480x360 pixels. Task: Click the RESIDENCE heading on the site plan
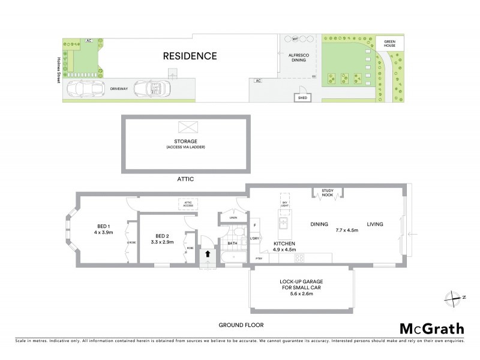(x=190, y=56)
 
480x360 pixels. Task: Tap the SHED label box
(x=302, y=97)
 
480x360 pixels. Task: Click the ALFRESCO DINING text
(x=298, y=57)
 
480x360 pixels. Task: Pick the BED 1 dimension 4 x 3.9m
(x=103, y=232)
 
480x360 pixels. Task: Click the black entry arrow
(x=208, y=254)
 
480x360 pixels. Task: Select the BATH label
(x=232, y=243)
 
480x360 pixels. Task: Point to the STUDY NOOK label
(x=327, y=192)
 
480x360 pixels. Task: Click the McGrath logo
(x=431, y=328)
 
